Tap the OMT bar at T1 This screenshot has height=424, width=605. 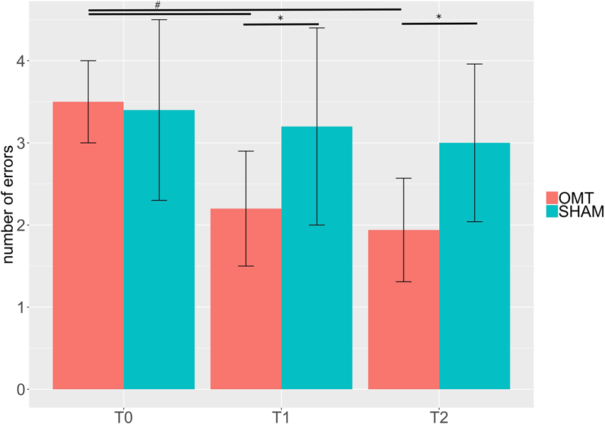pos(246,299)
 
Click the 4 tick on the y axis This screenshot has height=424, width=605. pos(21,61)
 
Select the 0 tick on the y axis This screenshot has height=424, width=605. pos(21,390)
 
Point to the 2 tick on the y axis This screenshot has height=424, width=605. pos(21,226)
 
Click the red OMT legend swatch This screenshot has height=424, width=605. pos(553,197)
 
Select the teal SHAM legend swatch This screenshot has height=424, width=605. pos(553,213)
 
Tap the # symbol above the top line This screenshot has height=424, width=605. pos(157,5)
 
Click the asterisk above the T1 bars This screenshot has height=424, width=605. pos(280,18)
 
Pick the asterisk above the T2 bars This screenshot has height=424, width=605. pos(438,18)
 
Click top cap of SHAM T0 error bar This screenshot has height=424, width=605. pos(159,20)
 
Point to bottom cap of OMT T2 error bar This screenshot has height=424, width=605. pos(403,282)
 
